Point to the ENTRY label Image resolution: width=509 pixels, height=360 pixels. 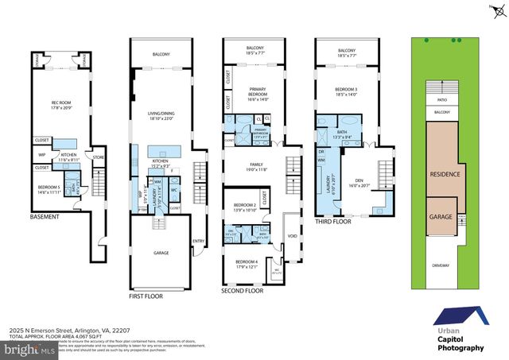(199, 243)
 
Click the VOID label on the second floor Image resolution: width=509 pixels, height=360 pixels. (292, 236)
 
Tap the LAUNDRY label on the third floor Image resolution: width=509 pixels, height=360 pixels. (331, 182)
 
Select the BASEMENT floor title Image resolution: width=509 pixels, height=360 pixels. (45, 216)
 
